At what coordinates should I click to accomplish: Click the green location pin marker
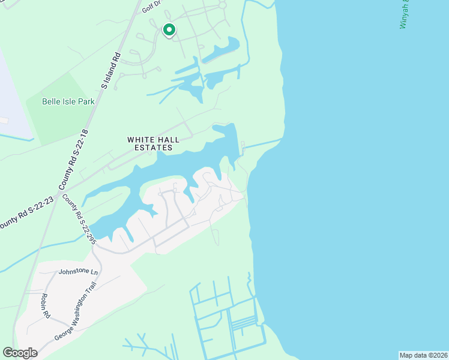(169, 29)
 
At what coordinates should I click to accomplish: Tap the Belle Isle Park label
(68, 101)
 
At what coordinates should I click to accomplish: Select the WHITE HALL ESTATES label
(153, 143)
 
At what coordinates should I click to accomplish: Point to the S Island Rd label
(112, 71)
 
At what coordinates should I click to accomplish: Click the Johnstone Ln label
(78, 272)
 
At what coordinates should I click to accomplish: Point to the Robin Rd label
(46, 305)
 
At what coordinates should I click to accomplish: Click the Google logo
(20, 353)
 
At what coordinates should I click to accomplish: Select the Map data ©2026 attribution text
(423, 355)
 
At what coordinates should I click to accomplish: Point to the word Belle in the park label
(52, 101)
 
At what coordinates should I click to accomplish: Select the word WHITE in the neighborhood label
(139, 140)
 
